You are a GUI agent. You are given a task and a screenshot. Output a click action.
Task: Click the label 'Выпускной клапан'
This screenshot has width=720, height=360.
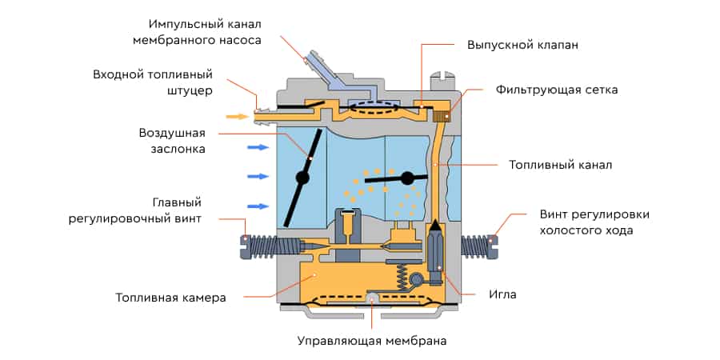point(522,46)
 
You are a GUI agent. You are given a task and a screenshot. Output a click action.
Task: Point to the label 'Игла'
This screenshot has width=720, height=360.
point(502,294)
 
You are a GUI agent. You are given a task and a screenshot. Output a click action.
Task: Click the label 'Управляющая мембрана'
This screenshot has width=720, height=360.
point(372,341)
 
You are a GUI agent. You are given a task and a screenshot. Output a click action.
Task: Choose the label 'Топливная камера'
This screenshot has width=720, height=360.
point(170,298)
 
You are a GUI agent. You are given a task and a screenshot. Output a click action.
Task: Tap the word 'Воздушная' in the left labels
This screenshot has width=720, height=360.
point(172,133)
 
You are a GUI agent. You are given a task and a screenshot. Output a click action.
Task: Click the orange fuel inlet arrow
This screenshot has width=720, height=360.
point(237,117)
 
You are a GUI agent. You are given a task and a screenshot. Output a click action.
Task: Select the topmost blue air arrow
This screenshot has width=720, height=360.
point(257,147)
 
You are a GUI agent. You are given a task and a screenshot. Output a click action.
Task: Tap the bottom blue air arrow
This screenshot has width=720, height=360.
point(257,206)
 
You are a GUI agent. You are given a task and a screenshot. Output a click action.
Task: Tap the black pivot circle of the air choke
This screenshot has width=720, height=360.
point(302,177)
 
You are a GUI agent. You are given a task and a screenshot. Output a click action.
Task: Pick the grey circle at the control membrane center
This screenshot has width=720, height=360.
point(372,299)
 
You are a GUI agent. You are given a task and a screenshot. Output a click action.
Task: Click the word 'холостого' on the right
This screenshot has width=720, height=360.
point(572,230)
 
